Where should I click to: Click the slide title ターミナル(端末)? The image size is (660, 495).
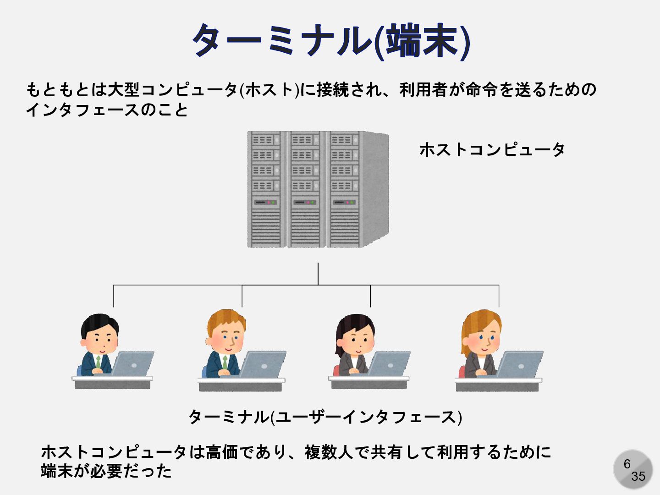331,41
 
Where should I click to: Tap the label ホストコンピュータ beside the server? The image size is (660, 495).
492,150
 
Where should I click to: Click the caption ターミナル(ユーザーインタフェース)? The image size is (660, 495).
325,417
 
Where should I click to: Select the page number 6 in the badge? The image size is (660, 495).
627,464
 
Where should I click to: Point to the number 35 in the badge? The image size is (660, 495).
638,477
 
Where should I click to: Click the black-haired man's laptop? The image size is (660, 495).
133,363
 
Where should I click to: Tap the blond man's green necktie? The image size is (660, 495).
225,362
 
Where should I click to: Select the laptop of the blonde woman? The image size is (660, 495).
520,364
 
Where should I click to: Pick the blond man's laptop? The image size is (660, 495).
263,363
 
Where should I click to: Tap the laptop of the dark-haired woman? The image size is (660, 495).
389,363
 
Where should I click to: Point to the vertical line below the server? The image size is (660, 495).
318,274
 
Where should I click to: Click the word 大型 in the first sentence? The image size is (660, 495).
123,89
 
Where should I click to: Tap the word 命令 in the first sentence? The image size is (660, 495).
482,89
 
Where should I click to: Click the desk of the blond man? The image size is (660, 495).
241,385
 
